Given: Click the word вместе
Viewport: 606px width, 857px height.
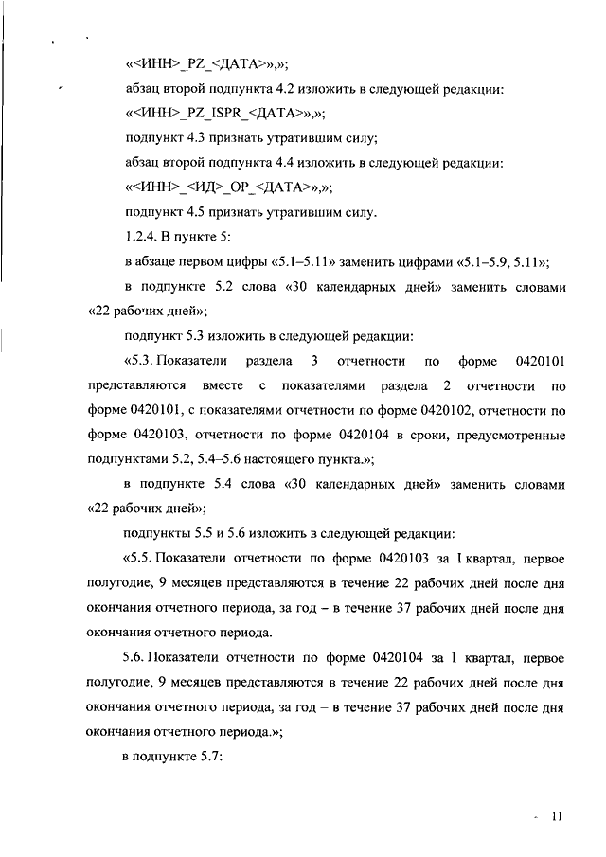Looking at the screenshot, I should coord(223,385).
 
